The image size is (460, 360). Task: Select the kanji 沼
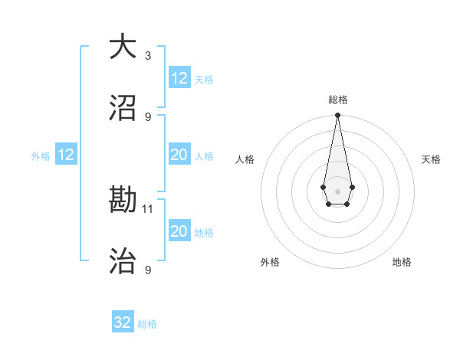123,107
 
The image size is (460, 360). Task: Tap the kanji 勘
123,200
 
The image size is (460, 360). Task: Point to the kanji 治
123,261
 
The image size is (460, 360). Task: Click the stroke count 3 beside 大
148,55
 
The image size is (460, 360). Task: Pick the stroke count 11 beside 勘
149,208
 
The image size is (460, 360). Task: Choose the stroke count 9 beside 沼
148,116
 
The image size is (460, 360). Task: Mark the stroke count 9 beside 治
148,270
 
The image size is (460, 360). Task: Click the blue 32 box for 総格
123,322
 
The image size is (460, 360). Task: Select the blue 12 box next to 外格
66,155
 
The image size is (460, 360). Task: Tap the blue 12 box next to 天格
179,78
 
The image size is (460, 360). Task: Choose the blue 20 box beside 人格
179,155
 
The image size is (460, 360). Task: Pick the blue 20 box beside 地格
179,231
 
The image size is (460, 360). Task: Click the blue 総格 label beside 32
147,324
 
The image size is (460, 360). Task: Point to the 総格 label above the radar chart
338,100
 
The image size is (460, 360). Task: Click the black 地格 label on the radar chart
402,263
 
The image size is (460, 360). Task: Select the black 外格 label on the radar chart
270,263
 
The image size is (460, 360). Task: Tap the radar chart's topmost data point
337,116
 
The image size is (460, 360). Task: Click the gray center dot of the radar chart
337,190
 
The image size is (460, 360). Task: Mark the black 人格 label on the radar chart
245,159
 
